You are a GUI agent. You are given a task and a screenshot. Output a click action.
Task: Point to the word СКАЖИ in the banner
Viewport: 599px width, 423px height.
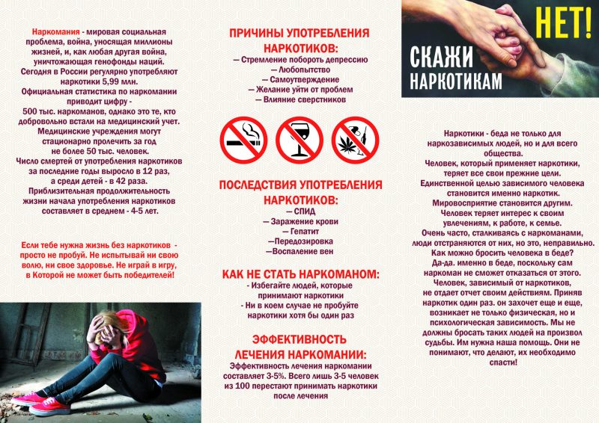441,56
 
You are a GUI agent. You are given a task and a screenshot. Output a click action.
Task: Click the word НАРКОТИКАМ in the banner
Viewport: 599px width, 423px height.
457,82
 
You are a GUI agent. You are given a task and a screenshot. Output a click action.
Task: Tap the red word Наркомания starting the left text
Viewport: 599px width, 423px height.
56,34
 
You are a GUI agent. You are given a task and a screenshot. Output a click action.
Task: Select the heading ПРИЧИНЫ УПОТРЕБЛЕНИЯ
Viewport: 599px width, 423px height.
299,34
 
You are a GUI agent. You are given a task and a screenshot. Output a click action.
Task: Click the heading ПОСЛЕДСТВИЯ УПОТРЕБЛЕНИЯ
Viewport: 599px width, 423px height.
299,185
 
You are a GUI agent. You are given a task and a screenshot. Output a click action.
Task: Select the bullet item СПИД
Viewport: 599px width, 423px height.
299,211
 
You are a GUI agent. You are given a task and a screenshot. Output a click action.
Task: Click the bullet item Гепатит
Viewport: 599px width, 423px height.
299,232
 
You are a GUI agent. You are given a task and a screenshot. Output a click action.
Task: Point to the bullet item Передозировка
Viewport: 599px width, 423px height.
299,242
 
